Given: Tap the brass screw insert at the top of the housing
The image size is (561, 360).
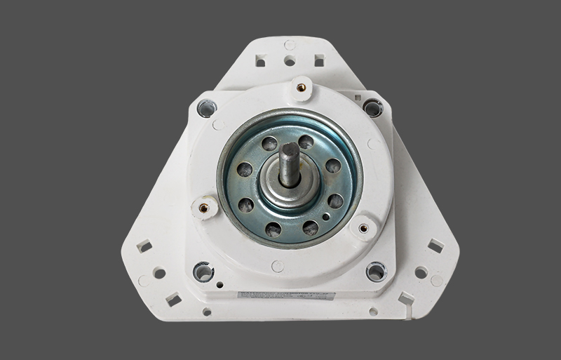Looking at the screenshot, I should [302, 88].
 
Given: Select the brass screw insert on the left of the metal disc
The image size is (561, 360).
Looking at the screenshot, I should [204, 207].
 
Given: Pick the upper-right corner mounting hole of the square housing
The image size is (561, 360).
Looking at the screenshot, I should [372, 107].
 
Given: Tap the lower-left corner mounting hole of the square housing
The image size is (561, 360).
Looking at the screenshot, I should [203, 270].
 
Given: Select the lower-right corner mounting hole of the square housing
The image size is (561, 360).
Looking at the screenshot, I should [375, 270].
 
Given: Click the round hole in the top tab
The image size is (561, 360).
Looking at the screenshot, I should [289, 61].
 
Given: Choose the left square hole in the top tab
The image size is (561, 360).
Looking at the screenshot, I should [261, 62].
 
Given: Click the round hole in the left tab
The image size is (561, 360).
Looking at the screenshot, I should [159, 273].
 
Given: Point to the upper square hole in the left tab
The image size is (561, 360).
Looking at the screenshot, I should [144, 246].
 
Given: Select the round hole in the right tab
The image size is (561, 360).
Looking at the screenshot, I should [421, 272].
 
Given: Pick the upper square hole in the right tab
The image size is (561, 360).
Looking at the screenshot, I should [435, 246].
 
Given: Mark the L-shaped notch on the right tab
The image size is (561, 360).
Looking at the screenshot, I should [405, 298].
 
